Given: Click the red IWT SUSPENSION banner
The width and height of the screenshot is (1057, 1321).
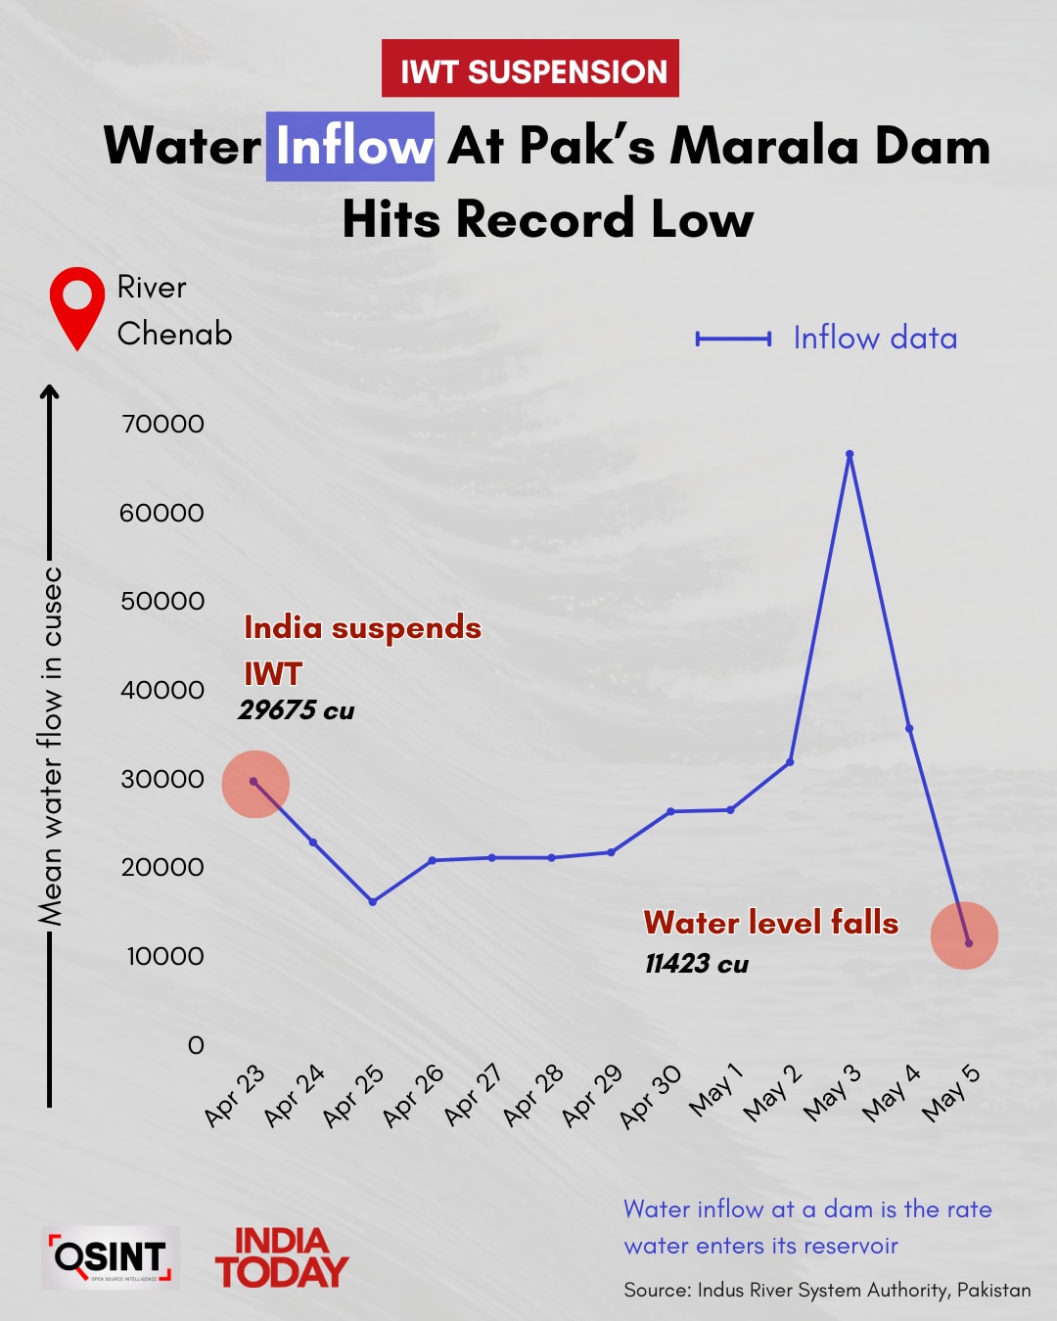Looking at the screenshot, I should click(529, 68).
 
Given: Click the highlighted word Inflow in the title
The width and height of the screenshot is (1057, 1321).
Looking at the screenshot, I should click(350, 147).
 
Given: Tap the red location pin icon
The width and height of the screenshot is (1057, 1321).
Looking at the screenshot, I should click(77, 306).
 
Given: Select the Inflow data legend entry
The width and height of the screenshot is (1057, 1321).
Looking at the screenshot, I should click(827, 339).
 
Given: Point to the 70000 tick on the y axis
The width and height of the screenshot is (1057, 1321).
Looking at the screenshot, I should click(162, 424).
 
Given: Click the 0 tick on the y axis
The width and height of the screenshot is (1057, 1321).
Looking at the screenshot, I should click(196, 1045).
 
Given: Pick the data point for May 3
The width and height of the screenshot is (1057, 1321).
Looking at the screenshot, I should click(850, 454).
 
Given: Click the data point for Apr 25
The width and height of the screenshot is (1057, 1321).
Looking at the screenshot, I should click(373, 901).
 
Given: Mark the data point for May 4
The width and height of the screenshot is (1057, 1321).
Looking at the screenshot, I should click(909, 728).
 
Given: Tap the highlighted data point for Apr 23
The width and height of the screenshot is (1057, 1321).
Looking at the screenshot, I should click(254, 782).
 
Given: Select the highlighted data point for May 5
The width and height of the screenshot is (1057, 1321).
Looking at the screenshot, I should click(968, 942).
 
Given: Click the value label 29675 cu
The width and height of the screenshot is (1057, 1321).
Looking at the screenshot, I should click(296, 710).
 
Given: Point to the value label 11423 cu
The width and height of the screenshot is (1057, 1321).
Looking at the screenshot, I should click(696, 964).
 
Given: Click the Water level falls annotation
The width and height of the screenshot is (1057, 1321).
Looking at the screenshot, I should click(770, 923).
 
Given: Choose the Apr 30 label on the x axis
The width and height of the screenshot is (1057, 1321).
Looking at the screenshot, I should click(651, 1097).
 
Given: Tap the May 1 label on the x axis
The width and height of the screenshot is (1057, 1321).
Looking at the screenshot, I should click(715, 1091).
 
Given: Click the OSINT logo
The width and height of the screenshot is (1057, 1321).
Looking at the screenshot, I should click(111, 1257).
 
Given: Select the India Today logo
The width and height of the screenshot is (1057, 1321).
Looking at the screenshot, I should click(281, 1257).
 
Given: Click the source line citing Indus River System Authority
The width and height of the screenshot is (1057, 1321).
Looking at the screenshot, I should click(827, 1290).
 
